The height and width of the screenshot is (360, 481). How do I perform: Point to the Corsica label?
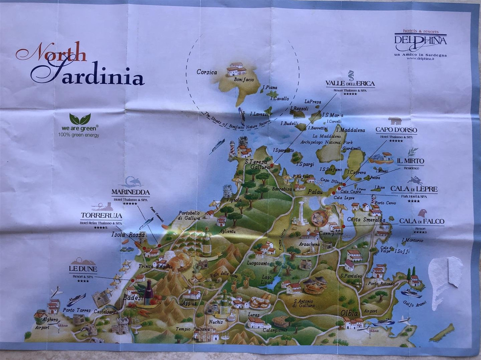click(x=207, y=72)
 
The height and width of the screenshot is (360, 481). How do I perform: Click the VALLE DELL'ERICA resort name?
click(x=350, y=83)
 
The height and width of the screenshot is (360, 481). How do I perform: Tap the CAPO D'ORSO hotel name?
click(x=396, y=130)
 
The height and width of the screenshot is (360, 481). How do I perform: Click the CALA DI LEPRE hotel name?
click(x=414, y=189)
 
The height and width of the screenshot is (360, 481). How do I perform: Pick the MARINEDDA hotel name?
click(x=130, y=193)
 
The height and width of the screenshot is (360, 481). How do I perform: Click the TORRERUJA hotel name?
click(x=101, y=216)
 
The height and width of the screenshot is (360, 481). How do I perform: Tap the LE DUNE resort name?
click(x=83, y=269)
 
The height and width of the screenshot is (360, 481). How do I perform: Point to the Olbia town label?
click(x=350, y=312)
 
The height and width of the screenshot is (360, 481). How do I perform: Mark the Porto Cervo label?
click(x=385, y=203)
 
